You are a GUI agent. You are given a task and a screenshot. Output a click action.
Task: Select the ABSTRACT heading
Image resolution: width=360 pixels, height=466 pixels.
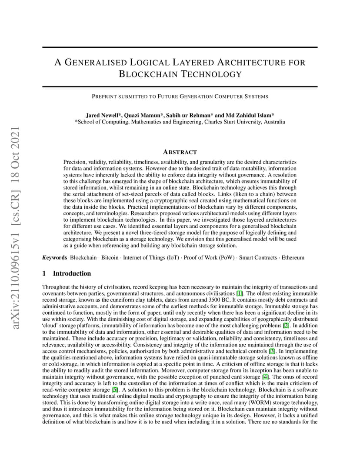[x=180, y=152]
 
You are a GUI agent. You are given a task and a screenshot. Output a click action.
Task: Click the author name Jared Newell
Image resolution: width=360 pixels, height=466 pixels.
[x=103, y=115]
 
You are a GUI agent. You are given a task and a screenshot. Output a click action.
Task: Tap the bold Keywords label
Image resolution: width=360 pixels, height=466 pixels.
[x=55, y=257]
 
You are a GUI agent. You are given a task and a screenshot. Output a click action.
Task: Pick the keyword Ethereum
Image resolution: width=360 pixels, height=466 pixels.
[x=293, y=257]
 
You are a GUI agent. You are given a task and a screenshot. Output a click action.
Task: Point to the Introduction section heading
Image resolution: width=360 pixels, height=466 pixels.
[x=72, y=273]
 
